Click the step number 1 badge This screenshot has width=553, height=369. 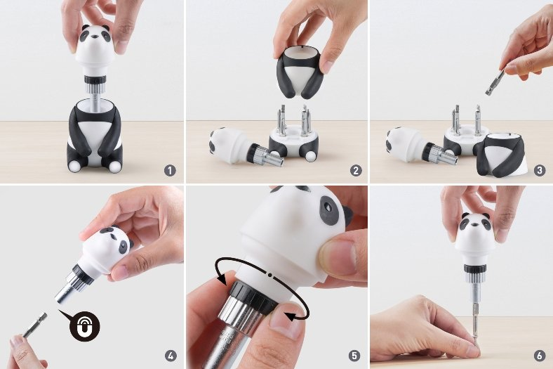pyautogui.click(x=170, y=171)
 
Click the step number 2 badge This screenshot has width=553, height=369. pyautogui.click(x=356, y=171)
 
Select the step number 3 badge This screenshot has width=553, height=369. pyautogui.click(x=539, y=171)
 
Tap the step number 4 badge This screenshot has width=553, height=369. pyautogui.click(x=171, y=356)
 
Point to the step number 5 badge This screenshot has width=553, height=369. pyautogui.click(x=354, y=356)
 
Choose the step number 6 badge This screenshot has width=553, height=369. pyautogui.click(x=539, y=356)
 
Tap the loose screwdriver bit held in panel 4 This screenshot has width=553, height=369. pyautogui.click(x=34, y=325)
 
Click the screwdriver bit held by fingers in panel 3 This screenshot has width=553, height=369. pyautogui.click(x=495, y=83)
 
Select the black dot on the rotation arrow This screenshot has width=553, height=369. pyautogui.click(x=269, y=274)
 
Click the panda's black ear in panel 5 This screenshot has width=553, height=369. pyautogui.click(x=347, y=215)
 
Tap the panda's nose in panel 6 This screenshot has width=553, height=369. pyautogui.click(x=475, y=233)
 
